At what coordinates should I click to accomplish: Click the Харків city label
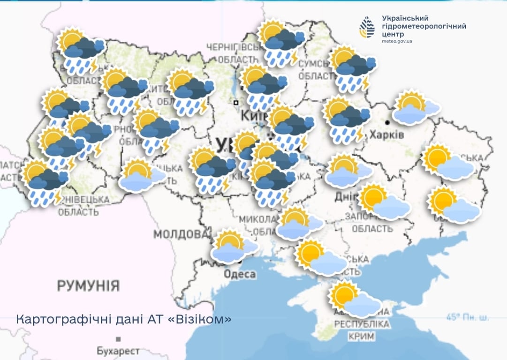click(386, 135)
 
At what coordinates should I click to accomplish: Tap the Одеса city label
click(239, 274)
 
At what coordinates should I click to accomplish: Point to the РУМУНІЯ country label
click(88, 285)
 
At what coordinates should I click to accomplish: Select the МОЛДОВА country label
click(181, 234)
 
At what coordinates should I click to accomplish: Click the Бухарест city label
click(118, 351)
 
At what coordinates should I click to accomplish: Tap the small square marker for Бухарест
click(118, 339)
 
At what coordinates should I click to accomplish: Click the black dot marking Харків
click(387, 122)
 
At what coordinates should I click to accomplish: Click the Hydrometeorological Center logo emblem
click(367, 27)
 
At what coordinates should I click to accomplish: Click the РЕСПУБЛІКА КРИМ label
click(362, 330)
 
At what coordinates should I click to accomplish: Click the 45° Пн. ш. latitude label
click(468, 317)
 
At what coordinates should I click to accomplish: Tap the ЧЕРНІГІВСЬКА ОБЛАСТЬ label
click(232, 52)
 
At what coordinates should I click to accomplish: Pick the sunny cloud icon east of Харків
click(415, 108)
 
